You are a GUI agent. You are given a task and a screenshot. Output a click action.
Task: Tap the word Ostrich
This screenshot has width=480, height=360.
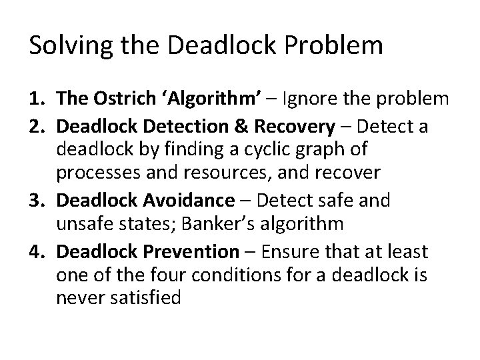click(x=115, y=99)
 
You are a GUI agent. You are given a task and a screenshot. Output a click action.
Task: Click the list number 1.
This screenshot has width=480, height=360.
click(x=37, y=99)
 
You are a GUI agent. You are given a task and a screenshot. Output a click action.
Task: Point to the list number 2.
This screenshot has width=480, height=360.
click(x=37, y=126)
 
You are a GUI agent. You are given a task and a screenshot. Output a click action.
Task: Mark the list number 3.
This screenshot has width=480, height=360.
click(x=37, y=199)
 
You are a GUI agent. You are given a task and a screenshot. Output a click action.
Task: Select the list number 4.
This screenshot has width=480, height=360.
click(x=37, y=252)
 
